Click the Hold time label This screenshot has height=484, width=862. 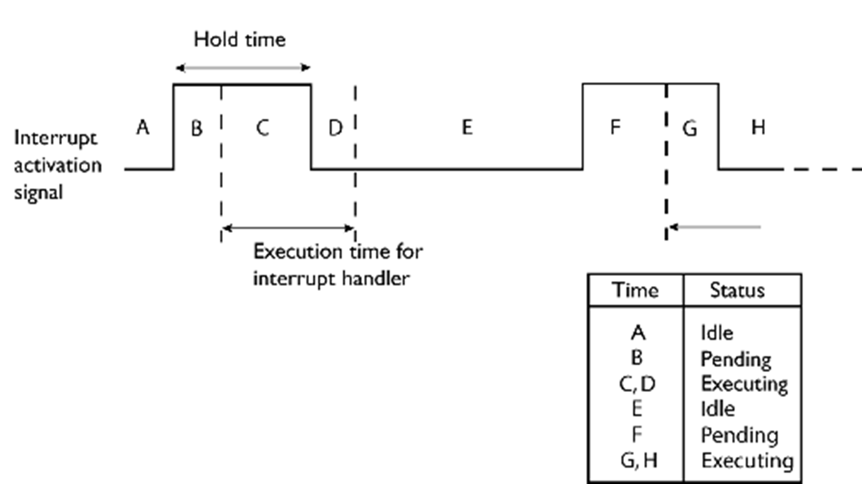tap(240, 40)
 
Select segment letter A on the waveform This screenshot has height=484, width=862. tap(143, 127)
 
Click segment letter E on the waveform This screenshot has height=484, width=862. tap(467, 127)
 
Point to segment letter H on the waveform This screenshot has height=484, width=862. tap(758, 127)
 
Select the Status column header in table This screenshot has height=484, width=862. tap(737, 290)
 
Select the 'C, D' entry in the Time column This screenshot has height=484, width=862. tap(637, 384)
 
